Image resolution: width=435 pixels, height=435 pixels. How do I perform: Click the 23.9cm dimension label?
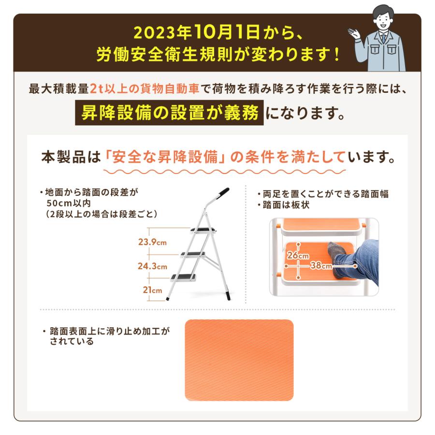[x=151, y=242]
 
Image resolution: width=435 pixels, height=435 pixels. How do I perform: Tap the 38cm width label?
[x=321, y=265]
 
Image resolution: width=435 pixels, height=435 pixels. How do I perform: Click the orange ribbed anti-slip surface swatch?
[x=239, y=360]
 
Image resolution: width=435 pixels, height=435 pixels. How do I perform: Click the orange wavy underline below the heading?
[x=225, y=171]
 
